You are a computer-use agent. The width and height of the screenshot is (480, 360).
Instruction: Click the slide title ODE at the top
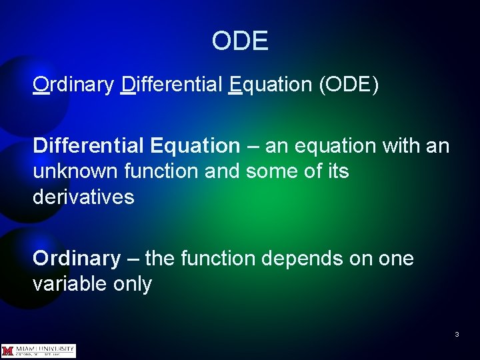pyautogui.click(x=240, y=41)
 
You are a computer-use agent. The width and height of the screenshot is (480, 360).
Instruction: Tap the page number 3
pyautogui.click(x=457, y=334)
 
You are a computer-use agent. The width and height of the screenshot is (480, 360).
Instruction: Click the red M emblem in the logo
pyautogui.click(x=8, y=351)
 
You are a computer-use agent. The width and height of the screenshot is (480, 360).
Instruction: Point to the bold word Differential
pyautogui.click(x=89, y=145)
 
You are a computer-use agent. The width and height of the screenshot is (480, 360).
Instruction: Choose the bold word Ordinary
pyautogui.click(x=77, y=258)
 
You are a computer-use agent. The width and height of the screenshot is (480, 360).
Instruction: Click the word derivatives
pyautogui.click(x=83, y=197)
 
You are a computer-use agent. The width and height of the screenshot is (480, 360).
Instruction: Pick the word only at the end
pyautogui.click(x=133, y=285)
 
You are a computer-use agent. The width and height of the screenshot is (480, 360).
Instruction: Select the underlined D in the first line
pyautogui.click(x=129, y=85)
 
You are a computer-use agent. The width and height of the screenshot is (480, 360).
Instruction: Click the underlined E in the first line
pyautogui.click(x=234, y=85)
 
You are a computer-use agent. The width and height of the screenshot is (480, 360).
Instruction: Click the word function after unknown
pyautogui.click(x=161, y=171)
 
